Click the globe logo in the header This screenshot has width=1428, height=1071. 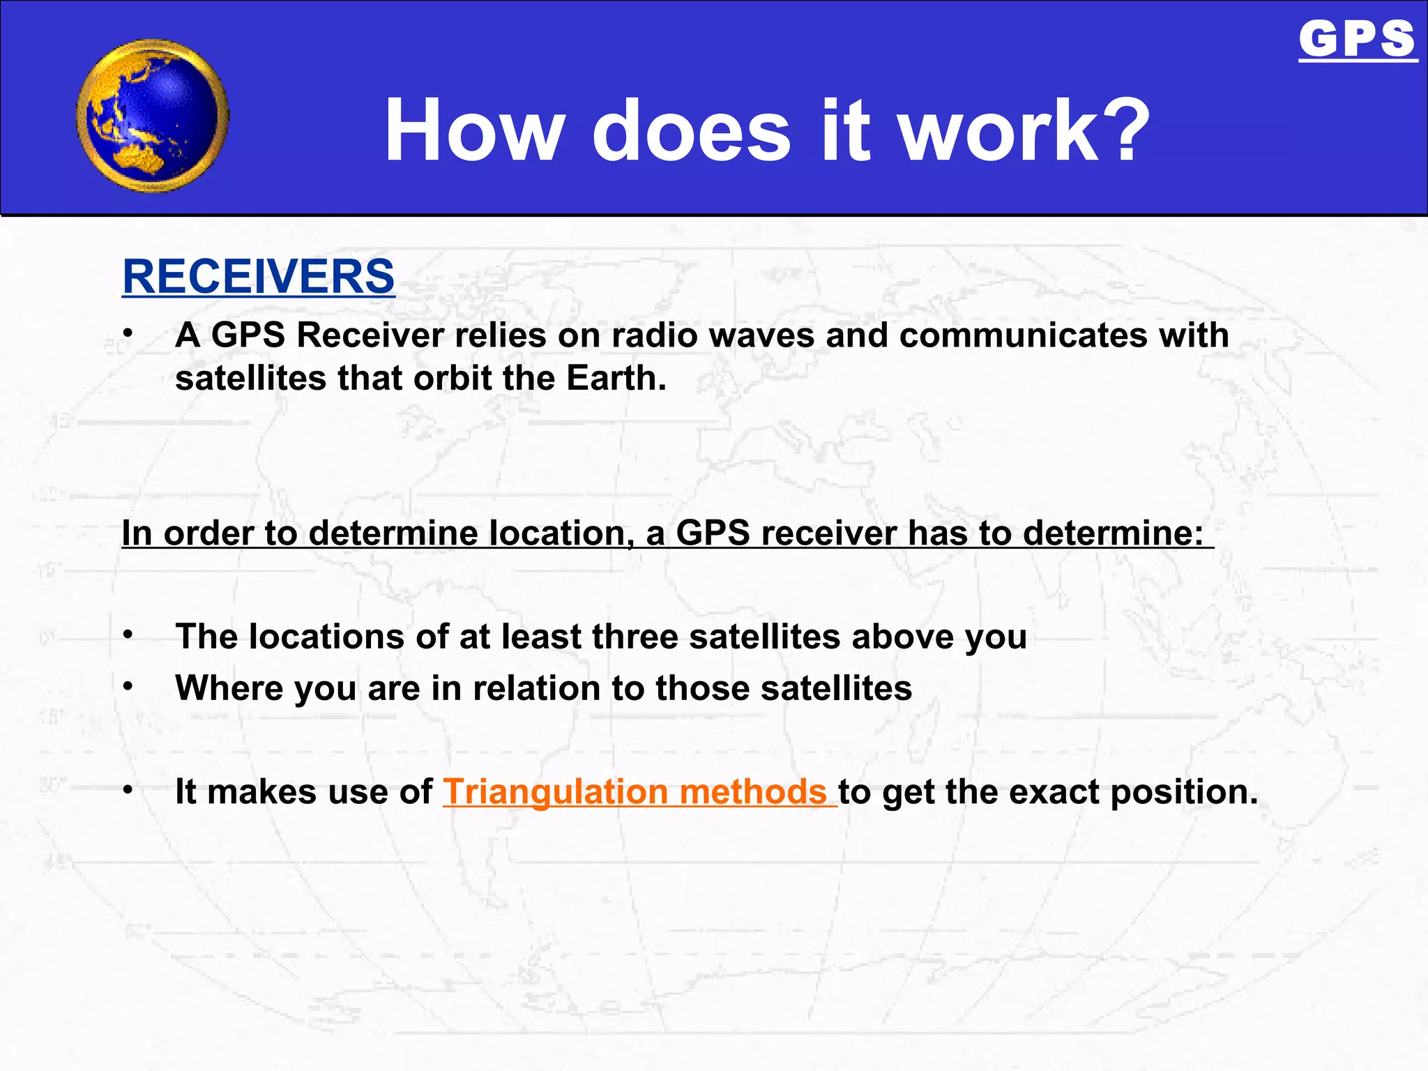click(152, 116)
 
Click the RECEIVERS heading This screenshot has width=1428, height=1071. click(258, 276)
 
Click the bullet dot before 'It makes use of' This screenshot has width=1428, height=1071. click(128, 790)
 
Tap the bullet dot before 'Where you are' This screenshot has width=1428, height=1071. click(128, 686)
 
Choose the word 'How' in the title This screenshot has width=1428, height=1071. click(474, 130)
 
